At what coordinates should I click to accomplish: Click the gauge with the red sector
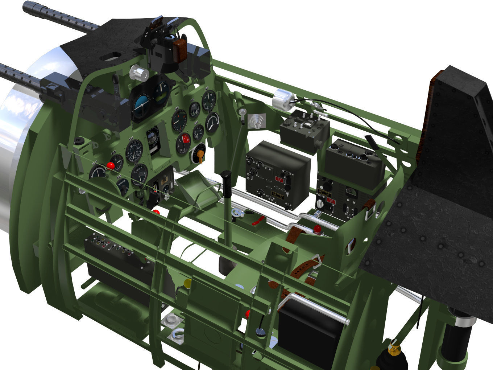[183, 143]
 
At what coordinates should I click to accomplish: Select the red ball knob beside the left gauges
[110, 166]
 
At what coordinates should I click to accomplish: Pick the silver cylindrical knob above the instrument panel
[139, 73]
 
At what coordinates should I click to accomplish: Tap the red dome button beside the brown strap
[317, 229]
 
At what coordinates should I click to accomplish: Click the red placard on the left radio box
[279, 180]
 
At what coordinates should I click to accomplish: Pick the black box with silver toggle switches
[304, 128]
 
